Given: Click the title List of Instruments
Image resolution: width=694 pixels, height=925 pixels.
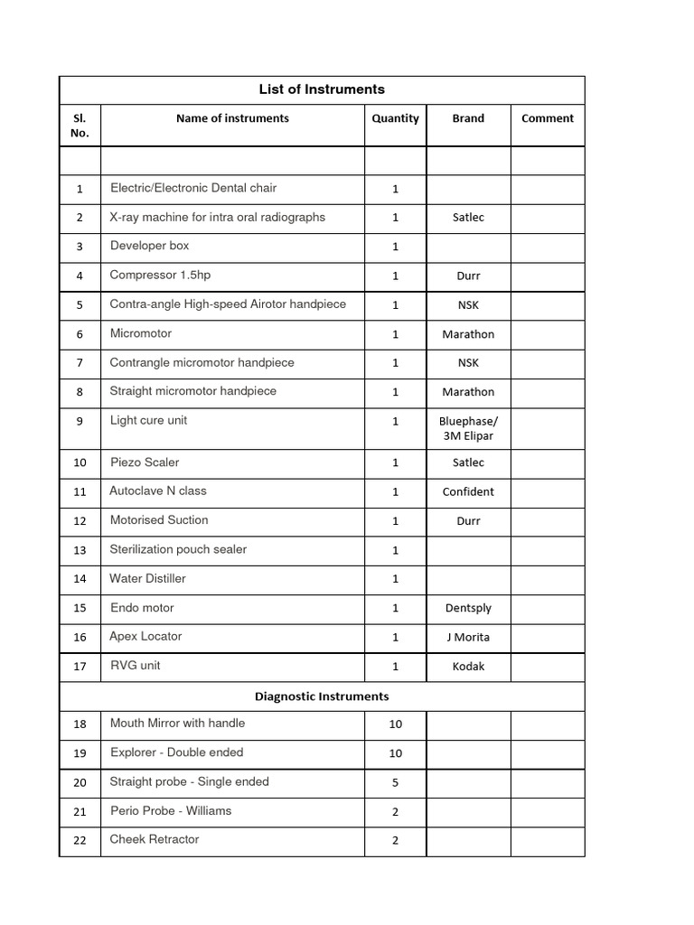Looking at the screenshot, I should click(x=322, y=89).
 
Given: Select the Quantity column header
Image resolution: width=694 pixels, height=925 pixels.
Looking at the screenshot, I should click(x=395, y=118).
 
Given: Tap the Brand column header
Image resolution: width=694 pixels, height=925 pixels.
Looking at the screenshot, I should click(x=468, y=118).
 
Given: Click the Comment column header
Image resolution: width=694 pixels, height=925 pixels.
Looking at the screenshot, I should click(x=548, y=118).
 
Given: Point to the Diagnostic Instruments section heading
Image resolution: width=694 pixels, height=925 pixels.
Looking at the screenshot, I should click(x=322, y=696).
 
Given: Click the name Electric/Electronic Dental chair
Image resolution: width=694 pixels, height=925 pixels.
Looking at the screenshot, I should click(x=193, y=188).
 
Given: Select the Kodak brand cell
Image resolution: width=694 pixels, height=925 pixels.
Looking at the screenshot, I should click(x=468, y=666).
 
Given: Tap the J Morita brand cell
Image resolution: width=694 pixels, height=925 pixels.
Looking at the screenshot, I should click(x=468, y=637).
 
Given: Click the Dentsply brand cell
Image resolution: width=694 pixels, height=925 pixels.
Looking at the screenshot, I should click(x=468, y=608).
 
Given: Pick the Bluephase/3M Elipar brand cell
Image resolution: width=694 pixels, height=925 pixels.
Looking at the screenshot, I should click(x=468, y=428).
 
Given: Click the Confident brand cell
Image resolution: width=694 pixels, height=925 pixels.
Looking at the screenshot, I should click(x=468, y=491).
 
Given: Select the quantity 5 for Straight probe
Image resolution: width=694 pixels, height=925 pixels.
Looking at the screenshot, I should click(x=395, y=782).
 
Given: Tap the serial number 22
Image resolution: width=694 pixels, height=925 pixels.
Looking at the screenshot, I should click(x=80, y=840).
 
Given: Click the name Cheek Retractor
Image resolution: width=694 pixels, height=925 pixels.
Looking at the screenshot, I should click(x=155, y=839).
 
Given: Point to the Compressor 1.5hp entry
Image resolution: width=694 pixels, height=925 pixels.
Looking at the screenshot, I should click(x=160, y=275).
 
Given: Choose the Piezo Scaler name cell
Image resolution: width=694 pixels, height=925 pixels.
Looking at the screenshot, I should click(x=145, y=462).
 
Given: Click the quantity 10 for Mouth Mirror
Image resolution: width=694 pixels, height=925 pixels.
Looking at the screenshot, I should click(x=395, y=724).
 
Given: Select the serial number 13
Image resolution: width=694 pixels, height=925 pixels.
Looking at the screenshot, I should click(x=80, y=550).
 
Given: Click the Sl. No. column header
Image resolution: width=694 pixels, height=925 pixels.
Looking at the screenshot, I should click(x=80, y=126).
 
